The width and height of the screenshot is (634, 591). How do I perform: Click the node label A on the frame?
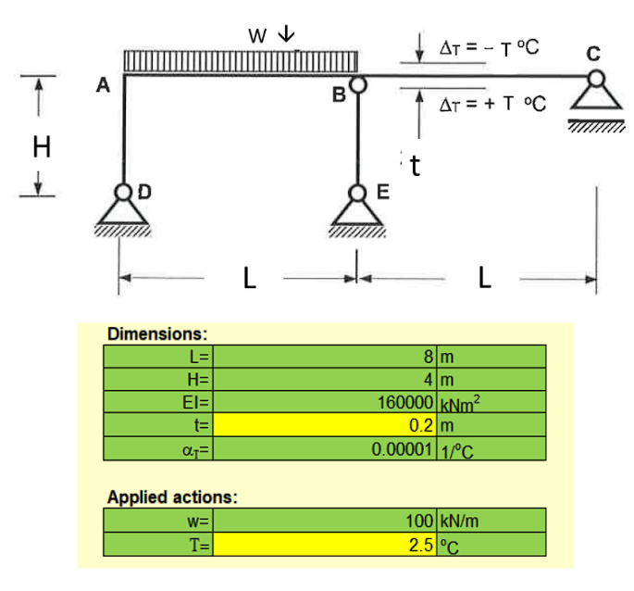[x=104, y=86]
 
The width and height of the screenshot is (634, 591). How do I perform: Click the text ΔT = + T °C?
[x=491, y=104]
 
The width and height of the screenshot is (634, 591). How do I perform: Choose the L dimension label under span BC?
[x=485, y=278]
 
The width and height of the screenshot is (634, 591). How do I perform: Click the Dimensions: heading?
[x=157, y=333]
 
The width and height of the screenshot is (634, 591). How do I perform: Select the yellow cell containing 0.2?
[x=328, y=426]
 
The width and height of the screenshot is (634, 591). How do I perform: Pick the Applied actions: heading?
[x=172, y=496]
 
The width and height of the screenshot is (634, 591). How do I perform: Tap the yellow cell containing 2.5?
[x=328, y=543]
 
